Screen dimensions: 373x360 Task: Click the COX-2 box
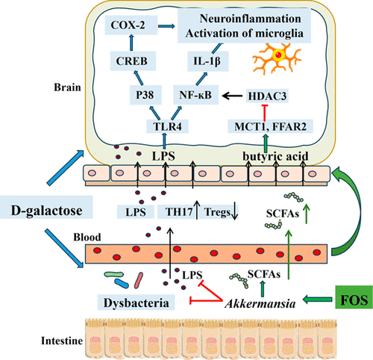click(x=131, y=25)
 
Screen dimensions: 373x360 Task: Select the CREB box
click(x=133, y=61)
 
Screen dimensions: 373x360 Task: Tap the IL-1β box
click(x=208, y=61)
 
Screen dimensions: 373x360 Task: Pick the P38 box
click(x=145, y=95)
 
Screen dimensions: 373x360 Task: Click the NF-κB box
click(x=195, y=95)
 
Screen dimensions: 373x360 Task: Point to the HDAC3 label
click(x=267, y=96)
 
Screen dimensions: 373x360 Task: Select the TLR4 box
click(x=167, y=126)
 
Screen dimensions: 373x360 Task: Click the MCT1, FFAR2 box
click(x=271, y=126)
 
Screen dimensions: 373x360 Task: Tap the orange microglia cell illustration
click(x=278, y=58)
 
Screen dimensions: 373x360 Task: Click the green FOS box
click(x=354, y=299)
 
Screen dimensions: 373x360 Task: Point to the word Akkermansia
click(x=260, y=304)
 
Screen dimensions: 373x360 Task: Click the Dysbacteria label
click(x=137, y=302)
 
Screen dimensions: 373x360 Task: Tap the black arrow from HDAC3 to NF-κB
click(x=232, y=96)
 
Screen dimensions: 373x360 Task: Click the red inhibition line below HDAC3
click(x=265, y=113)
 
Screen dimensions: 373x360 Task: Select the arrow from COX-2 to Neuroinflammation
click(x=166, y=26)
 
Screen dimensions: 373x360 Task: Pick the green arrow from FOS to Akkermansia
click(x=318, y=299)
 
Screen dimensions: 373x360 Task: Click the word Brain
click(x=68, y=87)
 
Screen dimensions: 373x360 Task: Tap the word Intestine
click(x=62, y=341)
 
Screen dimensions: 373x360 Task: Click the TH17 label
click(x=179, y=212)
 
